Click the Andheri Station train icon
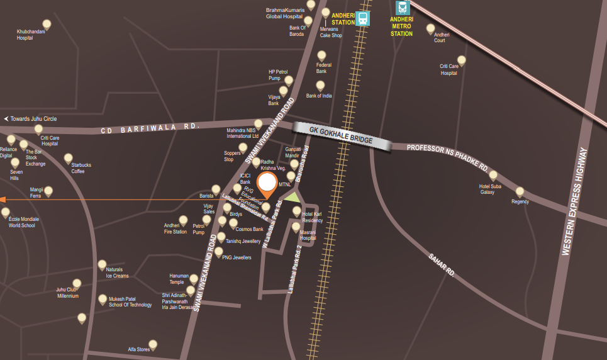[362, 18]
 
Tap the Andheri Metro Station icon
[402, 8]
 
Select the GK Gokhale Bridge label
[342, 135]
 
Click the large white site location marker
[268, 184]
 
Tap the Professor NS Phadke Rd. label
[447, 157]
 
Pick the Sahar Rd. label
[442, 264]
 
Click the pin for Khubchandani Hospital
[46, 24]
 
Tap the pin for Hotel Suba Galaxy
[493, 175]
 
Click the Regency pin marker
[520, 191]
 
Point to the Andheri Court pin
[431, 28]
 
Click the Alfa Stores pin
[152, 344]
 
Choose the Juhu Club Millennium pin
[77, 283]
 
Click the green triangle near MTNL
[292, 196]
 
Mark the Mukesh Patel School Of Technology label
[130, 302]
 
